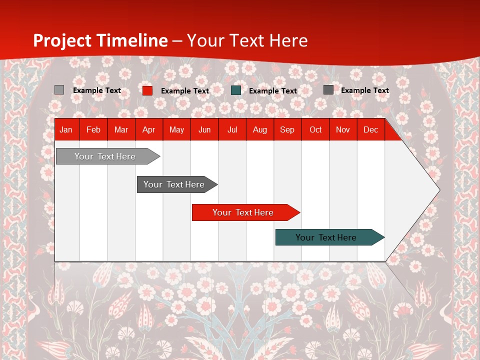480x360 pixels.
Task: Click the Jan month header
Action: coord(66,129)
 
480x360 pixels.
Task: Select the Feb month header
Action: coord(93,129)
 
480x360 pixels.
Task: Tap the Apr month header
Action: coord(149,129)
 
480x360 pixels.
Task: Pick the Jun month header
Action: coord(204,129)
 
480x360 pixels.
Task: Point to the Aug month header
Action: coord(260,129)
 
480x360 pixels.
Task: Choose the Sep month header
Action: coord(287,129)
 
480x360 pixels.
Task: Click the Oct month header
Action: coord(315,129)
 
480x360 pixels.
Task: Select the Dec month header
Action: coord(371,129)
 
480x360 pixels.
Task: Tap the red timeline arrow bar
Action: coord(243,212)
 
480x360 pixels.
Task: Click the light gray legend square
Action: coord(59,90)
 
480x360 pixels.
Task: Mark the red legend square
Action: coord(147,90)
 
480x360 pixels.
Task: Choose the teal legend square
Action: coord(236,90)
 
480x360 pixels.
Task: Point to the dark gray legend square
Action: coord(328,90)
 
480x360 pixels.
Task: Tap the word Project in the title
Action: coord(62,40)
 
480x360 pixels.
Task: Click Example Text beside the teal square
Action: coord(273,91)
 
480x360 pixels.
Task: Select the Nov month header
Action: coord(343,129)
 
